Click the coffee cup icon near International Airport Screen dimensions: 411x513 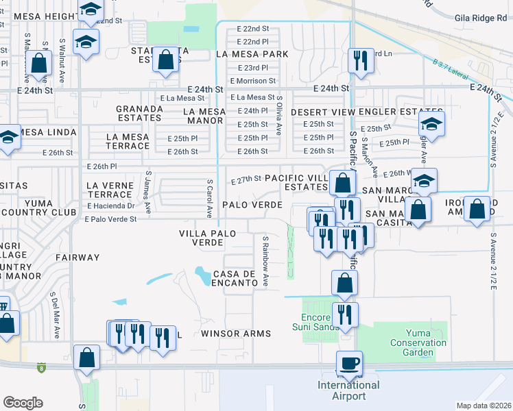tap(350, 363)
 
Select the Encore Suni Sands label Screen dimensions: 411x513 tap(320, 322)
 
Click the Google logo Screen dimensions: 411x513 tap(23, 403)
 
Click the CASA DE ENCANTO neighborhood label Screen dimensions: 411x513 tap(234, 279)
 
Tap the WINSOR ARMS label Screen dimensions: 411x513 tap(235, 334)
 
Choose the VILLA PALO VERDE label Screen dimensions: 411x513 tap(207, 238)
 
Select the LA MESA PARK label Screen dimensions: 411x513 tap(250, 53)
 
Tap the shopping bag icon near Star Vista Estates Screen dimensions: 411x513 tap(166, 60)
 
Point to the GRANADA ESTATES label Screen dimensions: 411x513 tap(139, 113)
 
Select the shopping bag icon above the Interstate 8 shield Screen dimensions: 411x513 tap(87, 357)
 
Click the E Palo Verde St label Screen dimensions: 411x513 tap(111, 219)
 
